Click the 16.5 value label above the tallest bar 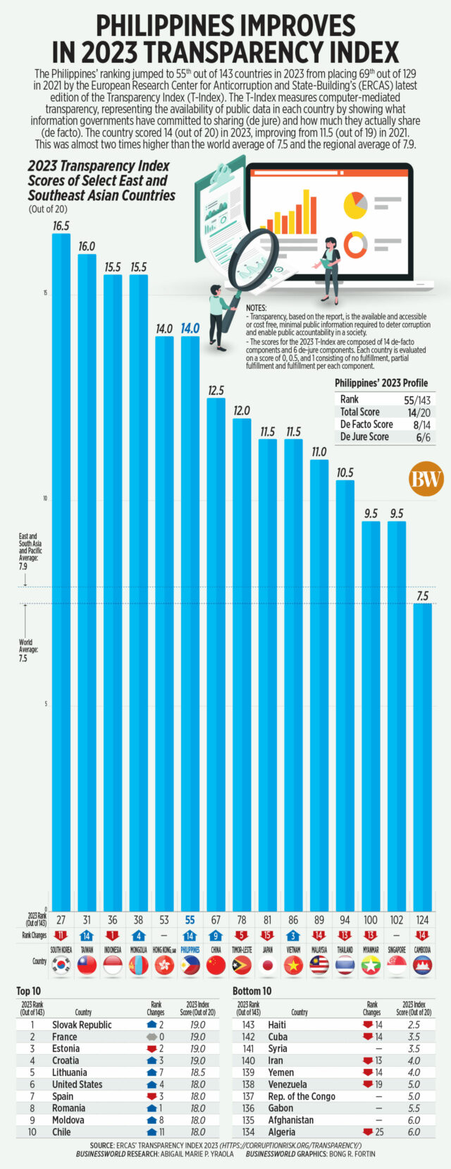point(61,226)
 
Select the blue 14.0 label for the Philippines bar point(190,329)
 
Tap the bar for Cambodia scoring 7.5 point(422,754)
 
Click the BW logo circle point(426,480)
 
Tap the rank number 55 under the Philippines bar point(190,920)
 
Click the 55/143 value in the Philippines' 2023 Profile point(417,400)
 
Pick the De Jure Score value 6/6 point(422,437)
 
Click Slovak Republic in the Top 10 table point(82,1024)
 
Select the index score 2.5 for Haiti point(414,1024)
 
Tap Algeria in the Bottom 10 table point(282,1132)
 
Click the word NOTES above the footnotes point(257,309)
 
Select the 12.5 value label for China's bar point(216,391)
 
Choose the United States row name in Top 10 point(77,1084)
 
